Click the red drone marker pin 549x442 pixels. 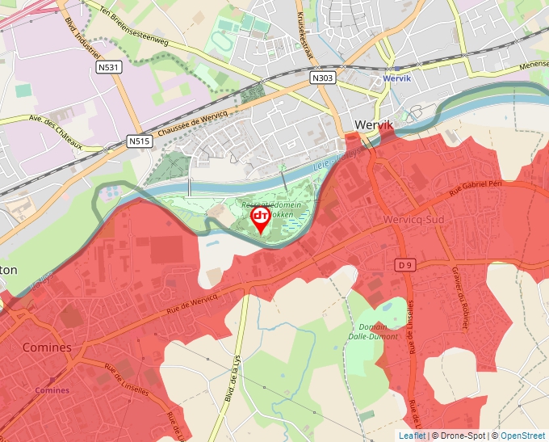[x=261, y=220]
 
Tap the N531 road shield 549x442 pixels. [x=110, y=68]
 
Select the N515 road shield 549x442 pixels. [x=140, y=141]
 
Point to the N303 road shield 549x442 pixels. [x=322, y=78]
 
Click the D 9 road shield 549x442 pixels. [x=406, y=264]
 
